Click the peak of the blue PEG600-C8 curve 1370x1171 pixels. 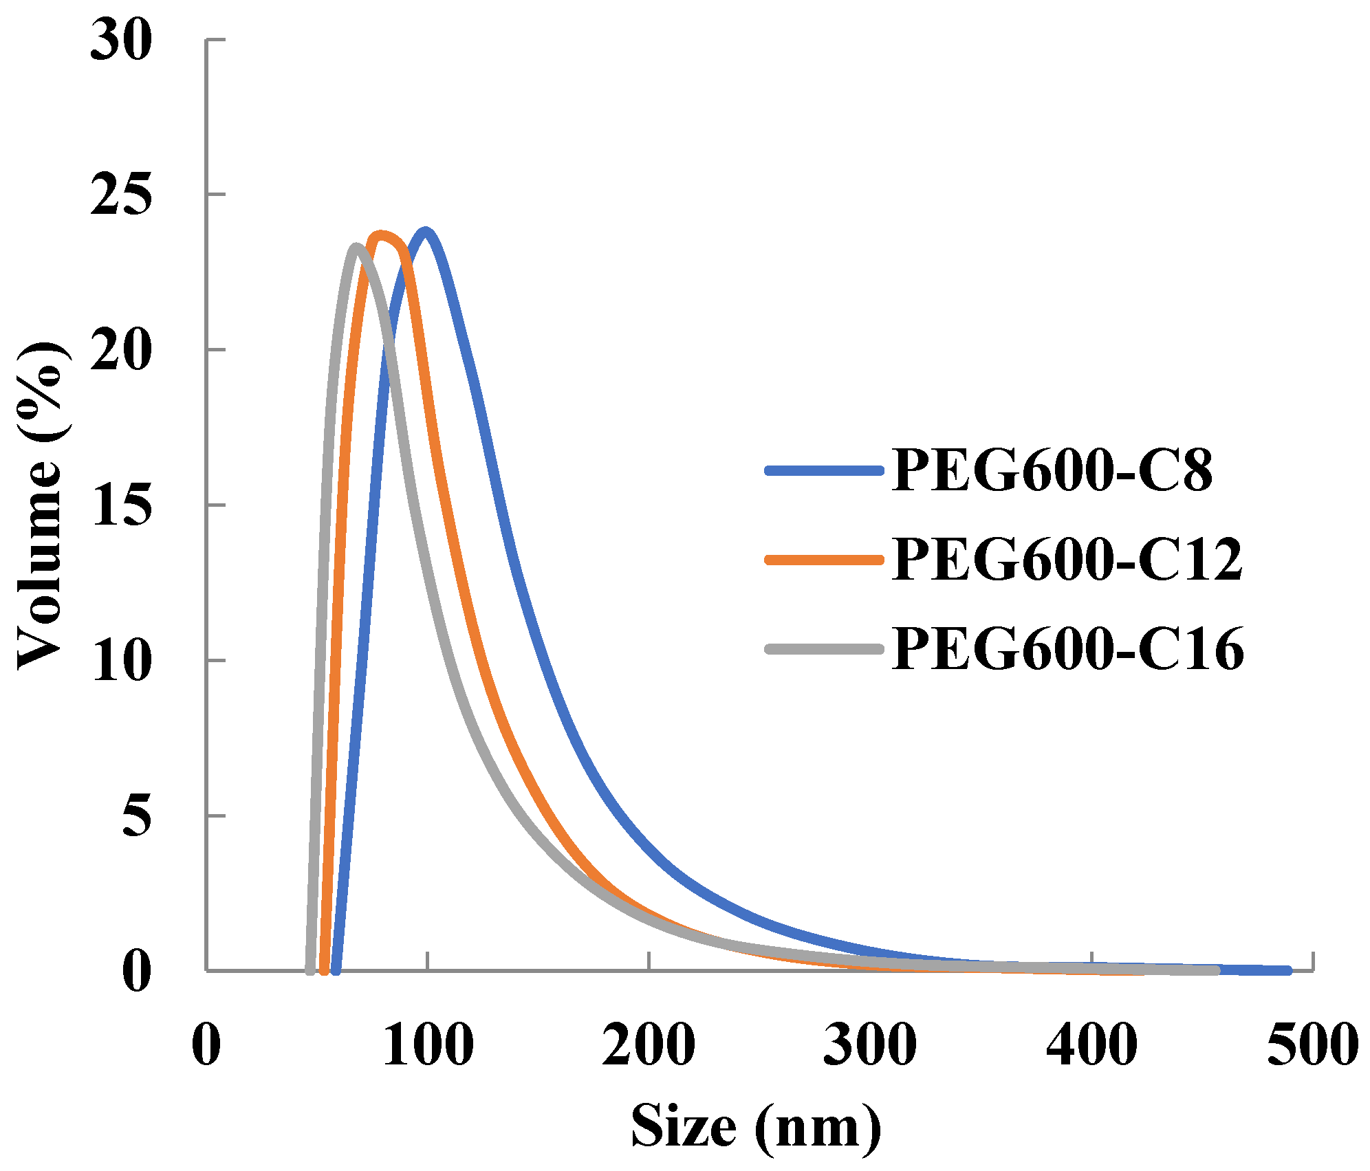tap(426, 232)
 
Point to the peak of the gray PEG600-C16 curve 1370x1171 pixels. tap(356, 247)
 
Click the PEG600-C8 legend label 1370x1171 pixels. tap(1052, 470)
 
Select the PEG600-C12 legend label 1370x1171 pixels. tap(1067, 560)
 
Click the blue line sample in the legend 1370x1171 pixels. tap(824, 471)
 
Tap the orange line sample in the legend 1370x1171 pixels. tap(824, 560)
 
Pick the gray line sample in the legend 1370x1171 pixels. tap(824, 648)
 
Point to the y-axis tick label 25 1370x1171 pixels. tap(121, 195)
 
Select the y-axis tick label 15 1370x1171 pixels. tap(121, 505)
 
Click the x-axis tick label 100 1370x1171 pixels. tap(428, 1044)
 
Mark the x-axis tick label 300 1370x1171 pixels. tap(870, 1044)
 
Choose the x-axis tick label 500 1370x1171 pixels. tap(1313, 1044)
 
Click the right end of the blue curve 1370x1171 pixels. tap(1287, 971)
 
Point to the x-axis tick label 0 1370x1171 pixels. tap(206, 1044)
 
